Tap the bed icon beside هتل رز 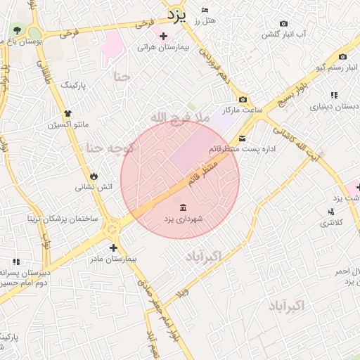(x=205, y=10)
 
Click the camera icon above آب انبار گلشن (x=283, y=23)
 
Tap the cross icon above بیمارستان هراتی (x=164, y=36)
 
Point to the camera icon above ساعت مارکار (x=243, y=100)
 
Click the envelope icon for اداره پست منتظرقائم (x=243, y=139)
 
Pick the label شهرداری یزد (x=184, y=219)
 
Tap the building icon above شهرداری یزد (x=184, y=207)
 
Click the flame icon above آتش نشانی (x=94, y=176)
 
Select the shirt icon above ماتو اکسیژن (x=67, y=113)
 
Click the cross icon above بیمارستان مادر (x=113, y=247)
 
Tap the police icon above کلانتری (x=330, y=211)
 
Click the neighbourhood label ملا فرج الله (x=179, y=117)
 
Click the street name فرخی (x=68, y=32)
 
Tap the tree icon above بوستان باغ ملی (x=17, y=30)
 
